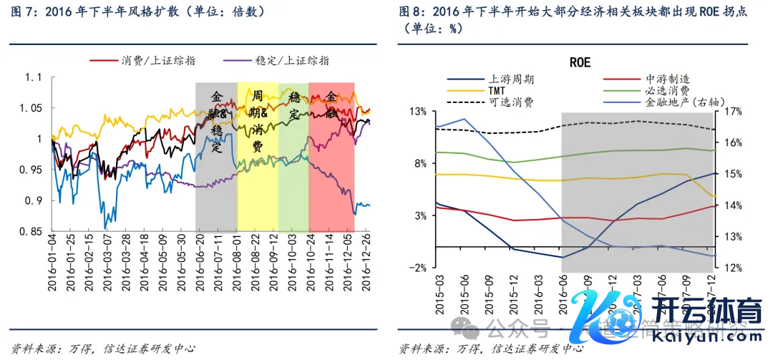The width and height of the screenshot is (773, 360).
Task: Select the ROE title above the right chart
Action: point(580,62)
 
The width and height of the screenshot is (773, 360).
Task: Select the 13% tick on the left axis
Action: point(417,112)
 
